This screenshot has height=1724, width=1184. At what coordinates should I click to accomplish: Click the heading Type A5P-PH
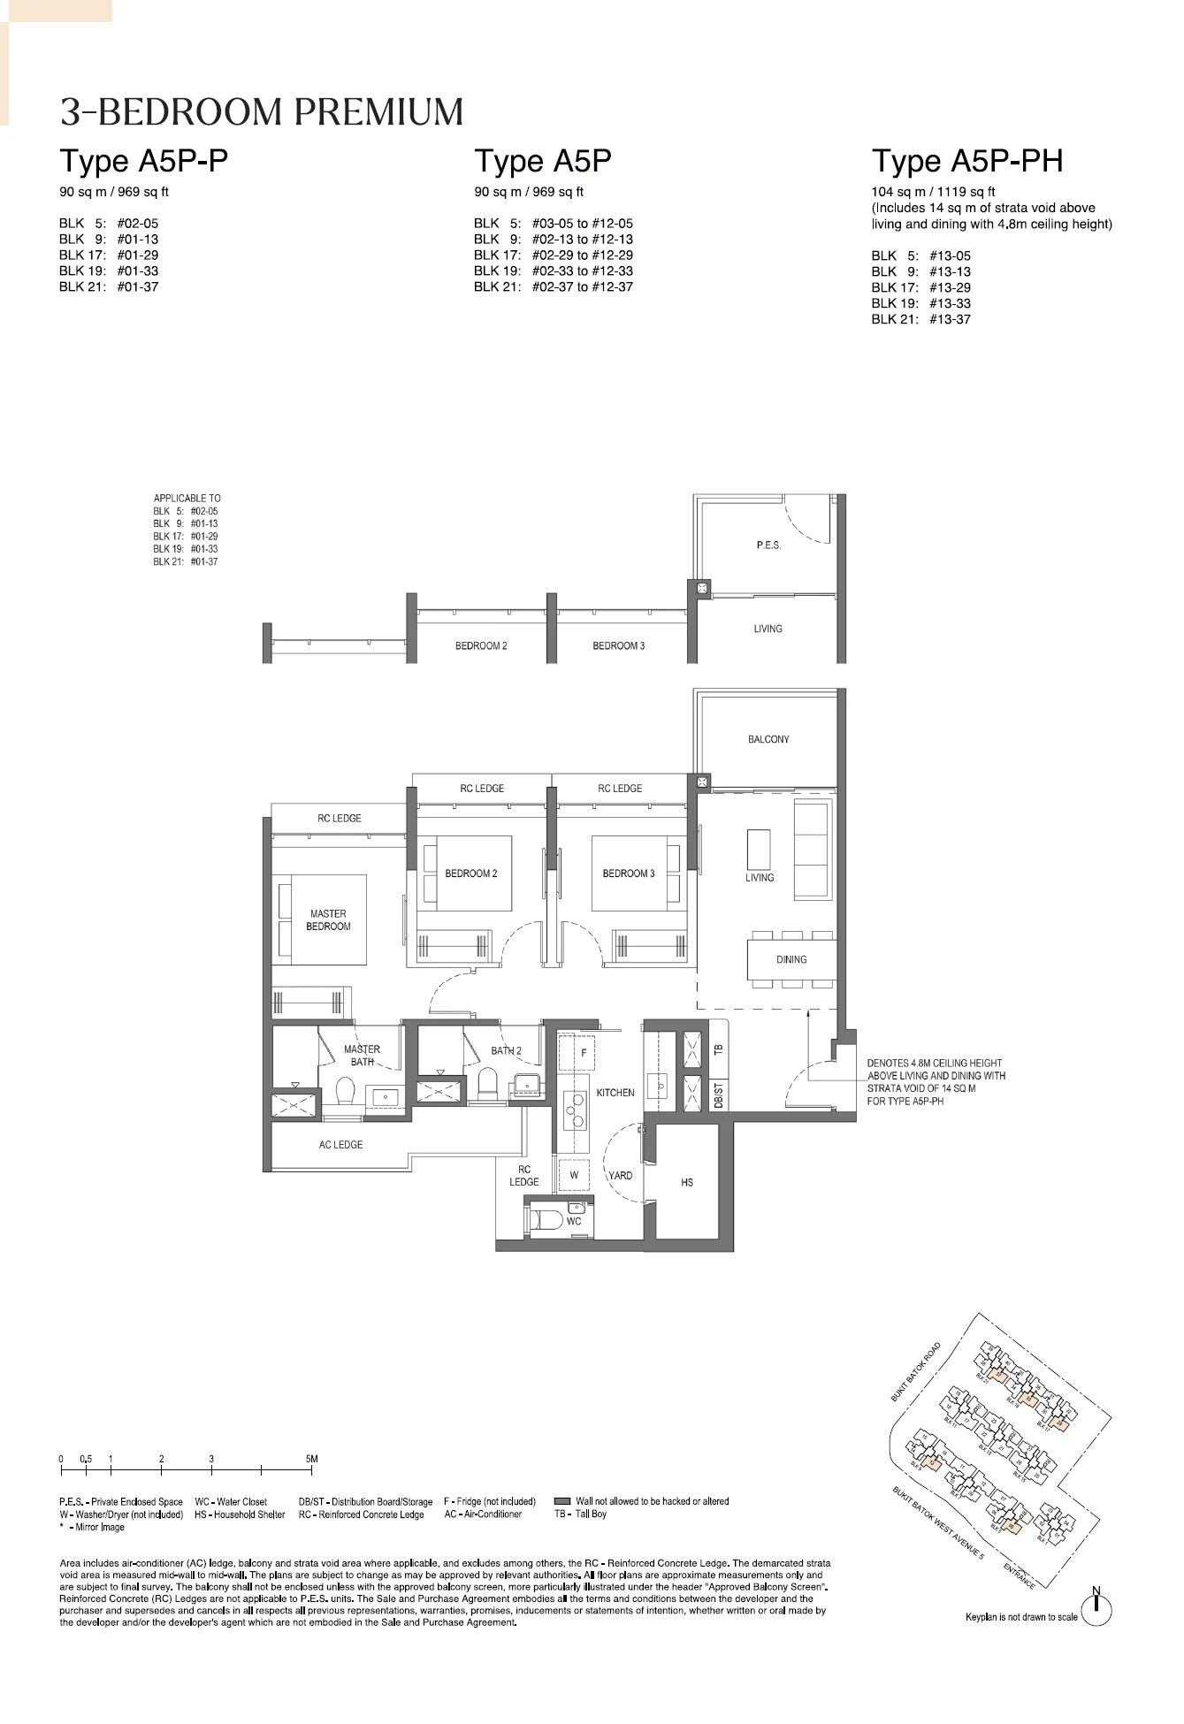click(967, 162)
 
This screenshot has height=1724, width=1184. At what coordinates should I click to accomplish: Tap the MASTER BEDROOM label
click(328, 920)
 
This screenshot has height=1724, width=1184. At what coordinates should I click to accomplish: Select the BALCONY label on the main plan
click(768, 739)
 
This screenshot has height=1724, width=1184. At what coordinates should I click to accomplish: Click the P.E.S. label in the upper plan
click(768, 545)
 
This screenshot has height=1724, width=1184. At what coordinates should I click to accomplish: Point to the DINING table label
click(791, 959)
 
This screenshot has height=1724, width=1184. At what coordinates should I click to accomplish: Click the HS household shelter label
click(687, 1182)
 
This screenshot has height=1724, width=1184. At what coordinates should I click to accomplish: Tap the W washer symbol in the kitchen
click(574, 1176)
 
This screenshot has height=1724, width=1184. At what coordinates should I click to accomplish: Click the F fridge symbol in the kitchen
click(584, 1053)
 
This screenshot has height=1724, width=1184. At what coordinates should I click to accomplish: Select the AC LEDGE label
click(340, 1145)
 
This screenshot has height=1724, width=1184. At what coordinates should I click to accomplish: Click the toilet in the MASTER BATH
click(346, 1091)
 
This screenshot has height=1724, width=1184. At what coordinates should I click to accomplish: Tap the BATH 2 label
click(506, 1051)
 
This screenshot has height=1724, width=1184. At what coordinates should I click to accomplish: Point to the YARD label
click(621, 1176)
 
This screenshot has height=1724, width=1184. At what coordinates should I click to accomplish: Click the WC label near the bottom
click(574, 1222)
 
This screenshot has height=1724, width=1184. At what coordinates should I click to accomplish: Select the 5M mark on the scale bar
click(311, 1460)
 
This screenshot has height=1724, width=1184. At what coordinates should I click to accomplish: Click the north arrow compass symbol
click(1096, 1606)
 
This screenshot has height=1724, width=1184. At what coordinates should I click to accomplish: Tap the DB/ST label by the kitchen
click(719, 1096)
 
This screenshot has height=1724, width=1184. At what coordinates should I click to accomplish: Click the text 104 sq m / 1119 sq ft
click(933, 192)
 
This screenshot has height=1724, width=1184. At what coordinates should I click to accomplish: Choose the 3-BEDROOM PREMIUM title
click(262, 112)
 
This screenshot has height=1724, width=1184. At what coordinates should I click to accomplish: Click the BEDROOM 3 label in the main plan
click(628, 873)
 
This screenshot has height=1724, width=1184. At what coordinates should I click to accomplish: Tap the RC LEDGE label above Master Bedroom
click(340, 819)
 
